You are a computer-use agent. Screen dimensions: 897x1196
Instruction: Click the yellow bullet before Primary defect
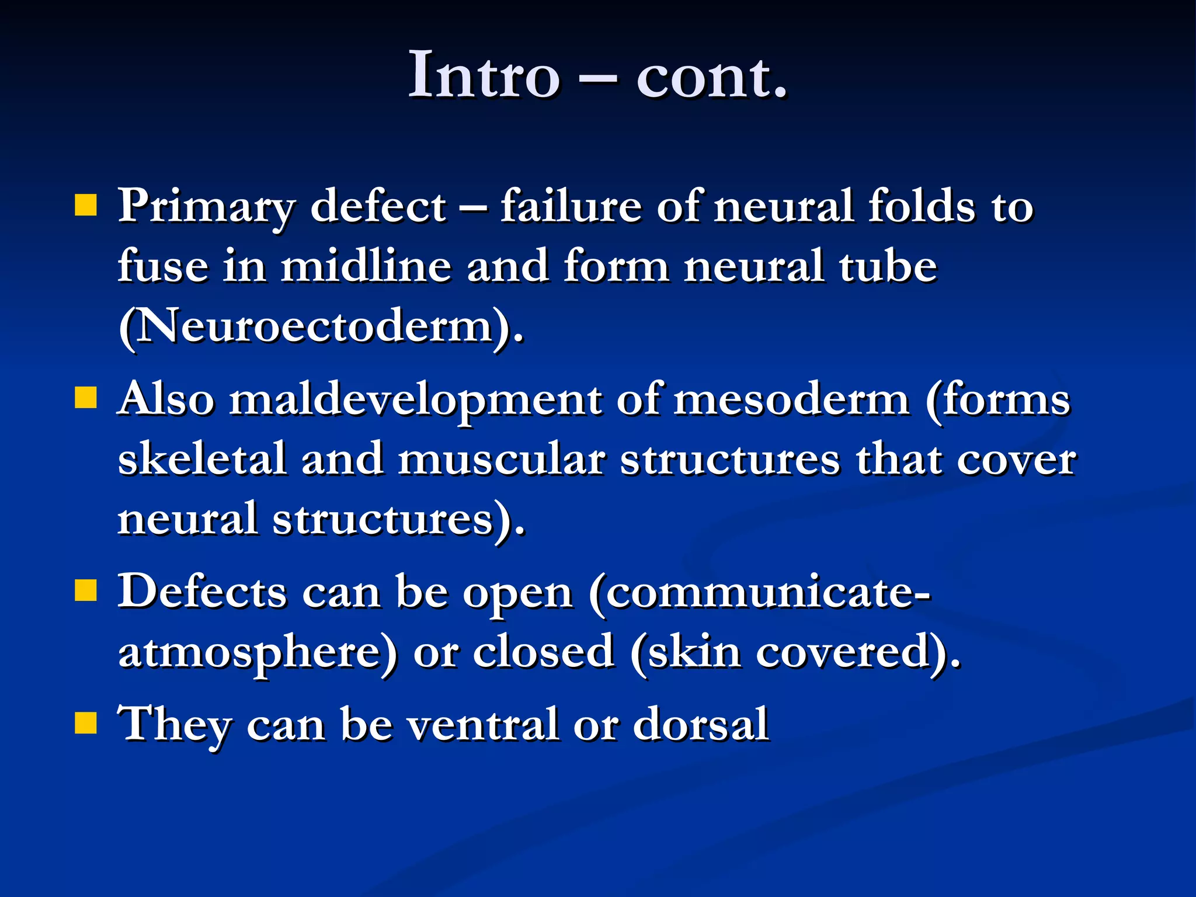[x=86, y=206]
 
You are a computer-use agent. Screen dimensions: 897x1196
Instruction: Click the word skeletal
[x=202, y=459]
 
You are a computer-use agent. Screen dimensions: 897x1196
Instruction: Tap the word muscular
[x=501, y=459]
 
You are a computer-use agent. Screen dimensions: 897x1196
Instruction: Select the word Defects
[x=202, y=592]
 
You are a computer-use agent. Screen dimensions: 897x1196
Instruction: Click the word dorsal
[x=700, y=724]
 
